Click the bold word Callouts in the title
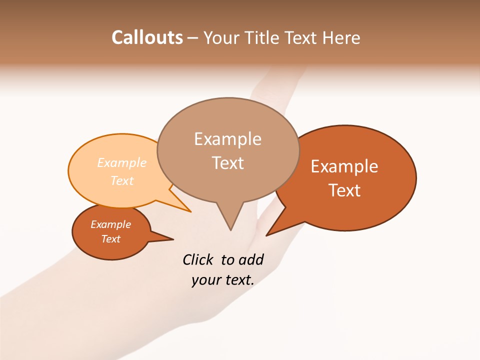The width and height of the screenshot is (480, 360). click(147, 38)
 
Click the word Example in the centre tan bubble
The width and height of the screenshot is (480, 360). click(227, 139)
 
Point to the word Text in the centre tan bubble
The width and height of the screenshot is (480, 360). click(227, 163)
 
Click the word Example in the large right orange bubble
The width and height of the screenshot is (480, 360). click(344, 166)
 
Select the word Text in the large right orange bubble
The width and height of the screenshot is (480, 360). click(344, 190)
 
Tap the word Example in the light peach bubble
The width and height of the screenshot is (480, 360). click(122, 163)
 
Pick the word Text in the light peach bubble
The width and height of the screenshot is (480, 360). click(122, 180)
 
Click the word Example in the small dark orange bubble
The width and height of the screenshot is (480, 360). click(111, 224)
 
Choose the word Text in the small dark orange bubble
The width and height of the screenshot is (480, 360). click(111, 239)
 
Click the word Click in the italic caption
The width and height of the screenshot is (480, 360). click(198, 259)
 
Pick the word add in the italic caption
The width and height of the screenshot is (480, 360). click(250, 259)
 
